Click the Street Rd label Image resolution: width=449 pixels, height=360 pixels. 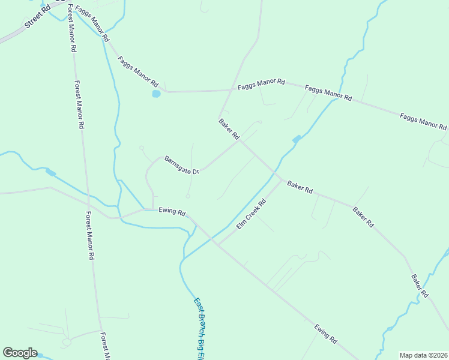37,16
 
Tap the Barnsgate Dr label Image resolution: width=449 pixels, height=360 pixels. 181,165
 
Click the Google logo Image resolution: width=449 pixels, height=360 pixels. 20,353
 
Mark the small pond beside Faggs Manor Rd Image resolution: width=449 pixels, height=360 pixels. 156,94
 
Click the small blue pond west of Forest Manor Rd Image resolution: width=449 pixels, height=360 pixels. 51,173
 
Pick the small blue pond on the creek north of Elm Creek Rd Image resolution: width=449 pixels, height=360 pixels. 296,139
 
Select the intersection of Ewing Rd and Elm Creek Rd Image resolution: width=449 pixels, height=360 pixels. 218,245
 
